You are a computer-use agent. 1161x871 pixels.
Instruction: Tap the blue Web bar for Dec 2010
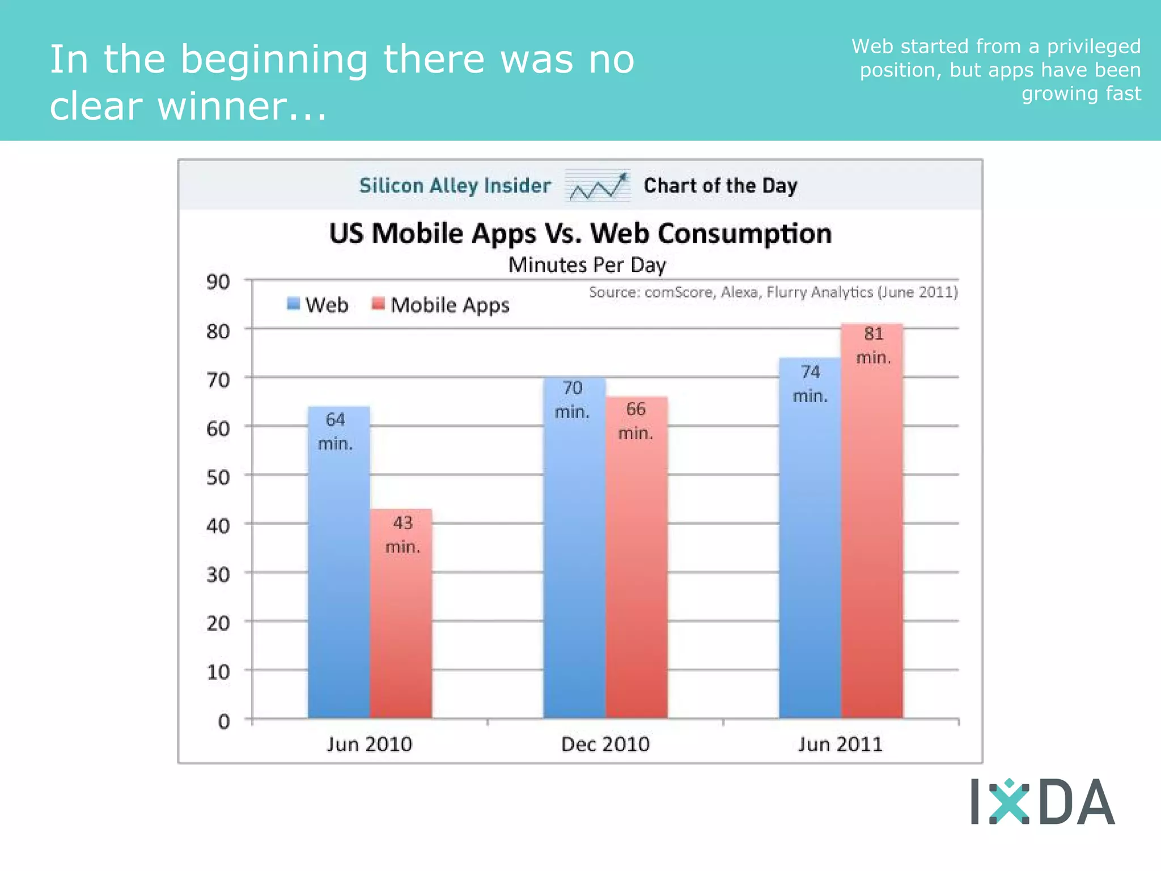pyautogui.click(x=574, y=567)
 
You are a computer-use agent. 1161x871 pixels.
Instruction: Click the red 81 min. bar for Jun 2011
pyautogui.click(x=872, y=539)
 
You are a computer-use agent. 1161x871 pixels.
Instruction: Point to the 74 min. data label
pyautogui.click(x=810, y=384)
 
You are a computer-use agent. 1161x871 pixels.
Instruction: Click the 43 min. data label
pyautogui.click(x=402, y=534)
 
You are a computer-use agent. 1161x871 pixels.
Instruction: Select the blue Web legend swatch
pyautogui.click(x=293, y=304)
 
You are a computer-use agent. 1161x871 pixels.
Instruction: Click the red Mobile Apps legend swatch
pyautogui.click(x=378, y=304)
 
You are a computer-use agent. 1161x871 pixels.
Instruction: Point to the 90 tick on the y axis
pyautogui.click(x=218, y=282)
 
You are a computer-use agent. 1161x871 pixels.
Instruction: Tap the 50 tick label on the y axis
pyautogui.click(x=218, y=477)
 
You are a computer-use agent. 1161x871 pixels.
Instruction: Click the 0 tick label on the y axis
pyautogui.click(x=224, y=721)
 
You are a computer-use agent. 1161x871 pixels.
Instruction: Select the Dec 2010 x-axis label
pyautogui.click(x=605, y=744)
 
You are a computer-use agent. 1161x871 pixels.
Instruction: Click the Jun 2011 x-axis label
pyautogui.click(x=840, y=744)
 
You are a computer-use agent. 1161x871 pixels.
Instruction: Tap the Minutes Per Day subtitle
pyautogui.click(x=587, y=265)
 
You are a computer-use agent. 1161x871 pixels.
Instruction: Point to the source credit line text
pyautogui.click(x=773, y=292)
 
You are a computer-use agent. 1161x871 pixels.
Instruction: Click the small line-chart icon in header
pyautogui.click(x=598, y=186)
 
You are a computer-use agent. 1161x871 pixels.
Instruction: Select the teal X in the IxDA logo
pyautogui.click(x=1009, y=801)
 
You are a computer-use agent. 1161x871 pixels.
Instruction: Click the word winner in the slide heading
pyautogui.click(x=221, y=107)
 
